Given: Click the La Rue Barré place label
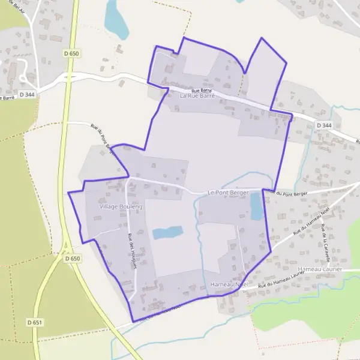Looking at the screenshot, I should (197, 95).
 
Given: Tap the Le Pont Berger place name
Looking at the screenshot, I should (227, 193).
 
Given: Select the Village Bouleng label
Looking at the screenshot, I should (121, 206).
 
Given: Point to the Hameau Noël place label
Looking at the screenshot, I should (229, 283).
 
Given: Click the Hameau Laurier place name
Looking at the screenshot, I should (319, 269).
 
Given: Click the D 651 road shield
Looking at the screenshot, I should (35, 322).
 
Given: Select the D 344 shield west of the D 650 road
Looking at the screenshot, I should (27, 94).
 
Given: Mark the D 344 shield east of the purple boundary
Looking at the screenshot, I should (323, 125).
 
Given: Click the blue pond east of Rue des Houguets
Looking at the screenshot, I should (167, 232).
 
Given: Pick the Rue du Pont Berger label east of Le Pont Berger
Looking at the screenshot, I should (287, 193).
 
